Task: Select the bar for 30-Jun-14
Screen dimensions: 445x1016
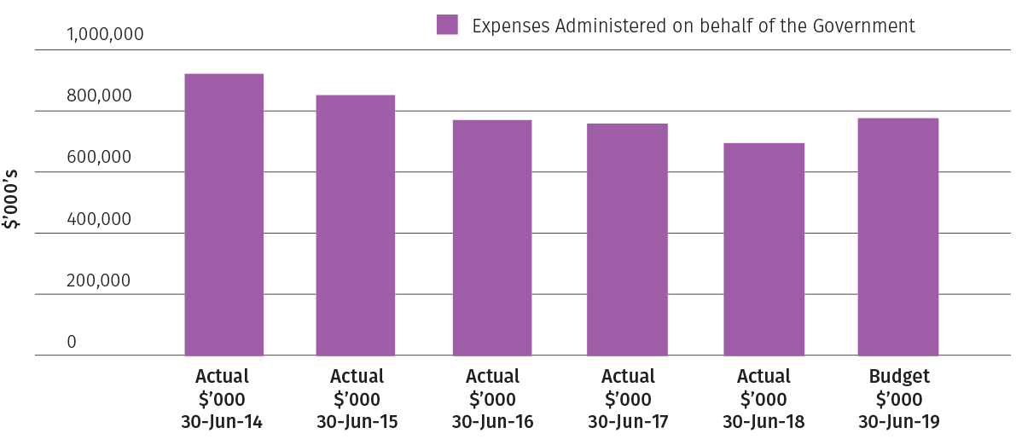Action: (224, 214)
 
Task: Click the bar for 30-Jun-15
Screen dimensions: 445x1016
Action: (356, 225)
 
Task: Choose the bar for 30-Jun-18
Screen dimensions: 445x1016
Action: (763, 249)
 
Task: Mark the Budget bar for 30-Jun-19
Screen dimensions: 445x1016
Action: (898, 236)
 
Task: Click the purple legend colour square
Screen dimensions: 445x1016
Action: (447, 25)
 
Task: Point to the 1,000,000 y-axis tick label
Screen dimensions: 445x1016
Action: (105, 35)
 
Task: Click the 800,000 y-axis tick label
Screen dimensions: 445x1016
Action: (99, 96)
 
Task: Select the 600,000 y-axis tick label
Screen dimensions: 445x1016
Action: (99, 158)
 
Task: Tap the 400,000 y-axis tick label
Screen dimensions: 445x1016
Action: (99, 219)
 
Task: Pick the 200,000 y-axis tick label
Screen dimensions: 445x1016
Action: (99, 280)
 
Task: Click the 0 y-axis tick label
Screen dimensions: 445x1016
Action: (72, 342)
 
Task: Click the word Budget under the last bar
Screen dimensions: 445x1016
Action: (899, 377)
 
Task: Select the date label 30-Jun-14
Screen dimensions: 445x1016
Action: (222, 421)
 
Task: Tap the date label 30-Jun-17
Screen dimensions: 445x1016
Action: (628, 421)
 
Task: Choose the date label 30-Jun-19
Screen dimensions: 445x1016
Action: (899, 421)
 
